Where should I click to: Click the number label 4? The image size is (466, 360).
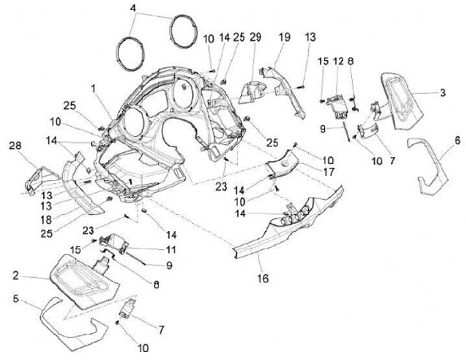tap(133, 8)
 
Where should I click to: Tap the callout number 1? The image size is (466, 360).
tap(93, 88)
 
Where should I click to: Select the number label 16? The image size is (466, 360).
tap(263, 278)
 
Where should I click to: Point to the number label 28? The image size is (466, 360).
tap(16, 146)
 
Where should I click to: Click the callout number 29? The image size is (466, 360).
tap(255, 37)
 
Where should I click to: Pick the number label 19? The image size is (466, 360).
tap(284, 37)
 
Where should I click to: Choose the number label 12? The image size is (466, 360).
tap(338, 62)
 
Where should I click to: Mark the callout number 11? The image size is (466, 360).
tap(171, 249)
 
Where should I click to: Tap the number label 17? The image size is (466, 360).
tap(328, 172)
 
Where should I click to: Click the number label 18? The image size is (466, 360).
tap(47, 220)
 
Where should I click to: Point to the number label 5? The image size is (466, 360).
tap(16, 298)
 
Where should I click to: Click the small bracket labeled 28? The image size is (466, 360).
tap(40, 179)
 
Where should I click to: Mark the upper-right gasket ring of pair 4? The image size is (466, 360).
tap(183, 31)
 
